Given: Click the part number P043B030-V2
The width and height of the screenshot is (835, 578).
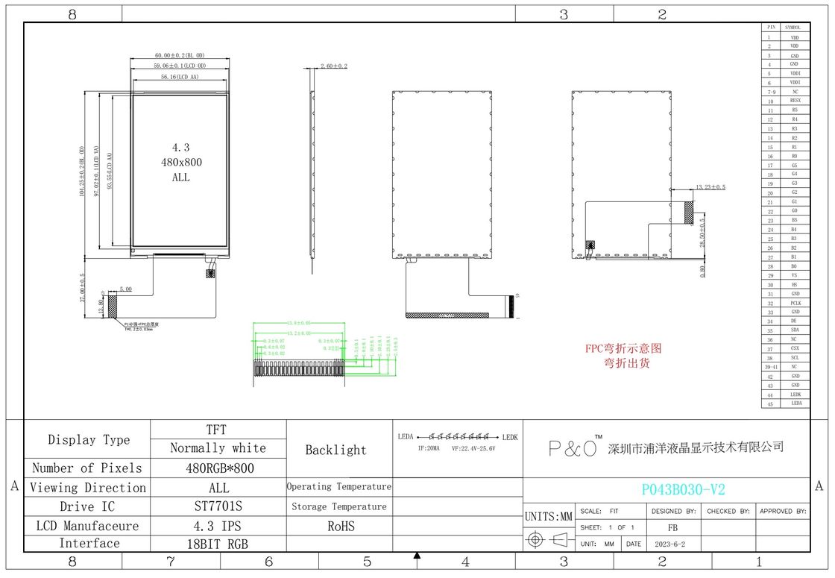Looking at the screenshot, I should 683,489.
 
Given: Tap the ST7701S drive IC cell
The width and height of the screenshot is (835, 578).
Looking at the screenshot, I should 218,506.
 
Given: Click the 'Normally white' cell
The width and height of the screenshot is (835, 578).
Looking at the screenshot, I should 218,448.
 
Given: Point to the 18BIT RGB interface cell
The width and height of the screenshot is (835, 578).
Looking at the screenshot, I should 218,544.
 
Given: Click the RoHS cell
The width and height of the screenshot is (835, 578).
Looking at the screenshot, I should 338,526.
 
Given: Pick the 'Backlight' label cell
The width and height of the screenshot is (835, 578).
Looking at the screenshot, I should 336,450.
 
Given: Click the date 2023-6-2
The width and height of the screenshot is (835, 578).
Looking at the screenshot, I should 670,544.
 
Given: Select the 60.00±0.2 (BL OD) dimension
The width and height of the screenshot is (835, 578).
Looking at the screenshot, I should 180,56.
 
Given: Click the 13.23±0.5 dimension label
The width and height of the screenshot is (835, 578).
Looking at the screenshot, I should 710,187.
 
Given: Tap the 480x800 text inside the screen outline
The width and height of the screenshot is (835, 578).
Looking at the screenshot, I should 181,162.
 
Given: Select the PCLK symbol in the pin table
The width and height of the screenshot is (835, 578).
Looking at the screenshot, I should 795,303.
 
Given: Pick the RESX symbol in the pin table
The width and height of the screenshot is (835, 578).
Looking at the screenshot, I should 795,101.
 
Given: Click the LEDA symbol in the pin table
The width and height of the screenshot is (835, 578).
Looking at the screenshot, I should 795,403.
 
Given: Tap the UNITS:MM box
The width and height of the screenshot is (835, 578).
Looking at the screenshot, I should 548,516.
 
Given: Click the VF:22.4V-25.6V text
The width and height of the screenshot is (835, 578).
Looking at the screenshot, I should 473,448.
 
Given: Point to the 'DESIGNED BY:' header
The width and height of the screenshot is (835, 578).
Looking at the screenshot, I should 673,512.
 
